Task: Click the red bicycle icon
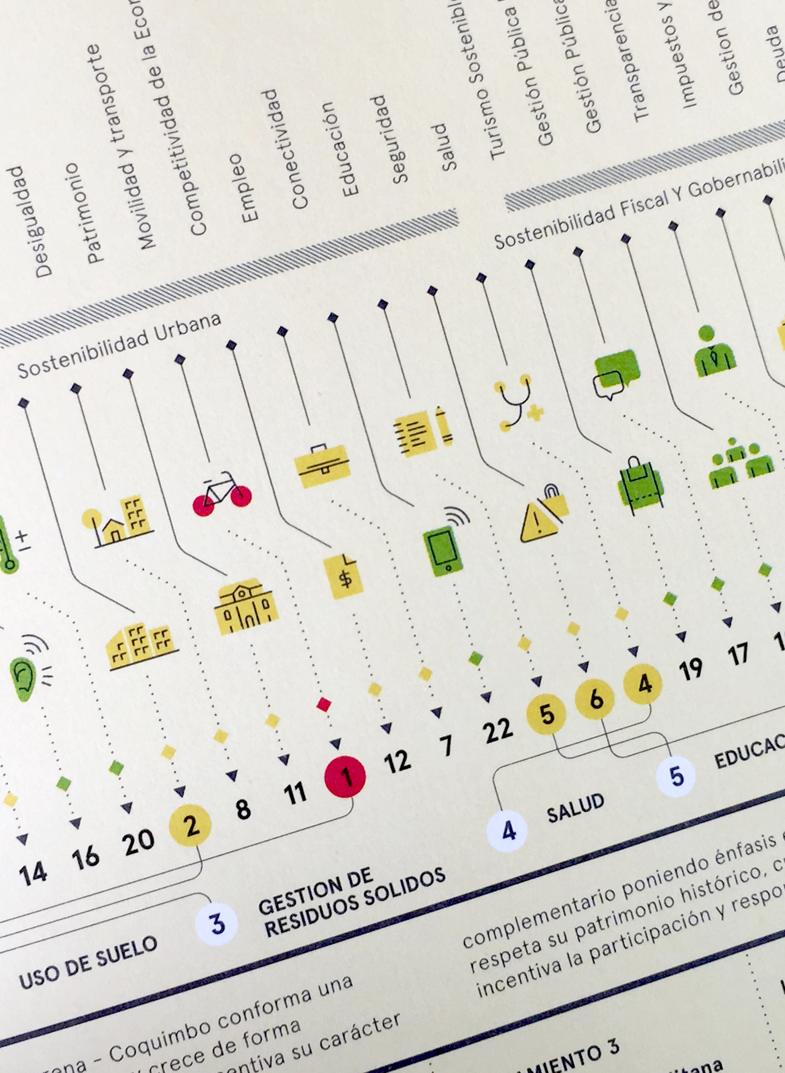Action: [222, 494]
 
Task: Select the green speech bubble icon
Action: [615, 374]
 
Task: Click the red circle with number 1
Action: [345, 777]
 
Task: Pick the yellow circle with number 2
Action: [190, 825]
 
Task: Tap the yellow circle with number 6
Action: [595, 699]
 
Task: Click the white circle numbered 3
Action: [217, 924]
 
